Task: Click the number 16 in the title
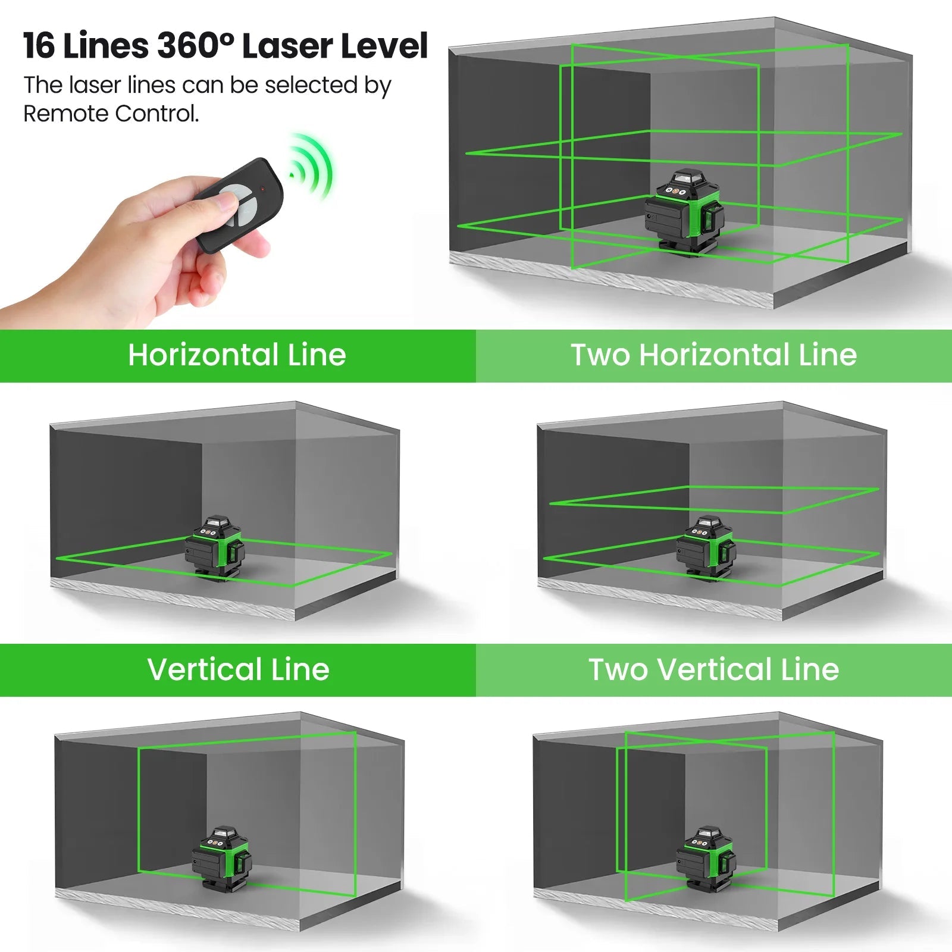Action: point(39,46)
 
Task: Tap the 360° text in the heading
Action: point(196,46)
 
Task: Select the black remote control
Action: point(241,205)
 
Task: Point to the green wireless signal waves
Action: point(312,167)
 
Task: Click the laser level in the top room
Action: point(684,211)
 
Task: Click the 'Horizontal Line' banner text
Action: point(237,355)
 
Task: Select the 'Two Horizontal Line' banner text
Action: point(713,355)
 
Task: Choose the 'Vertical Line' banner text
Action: point(238,670)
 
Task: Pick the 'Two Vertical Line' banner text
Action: point(713,670)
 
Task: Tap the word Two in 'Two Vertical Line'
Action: point(618,670)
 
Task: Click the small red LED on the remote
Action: point(262,189)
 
